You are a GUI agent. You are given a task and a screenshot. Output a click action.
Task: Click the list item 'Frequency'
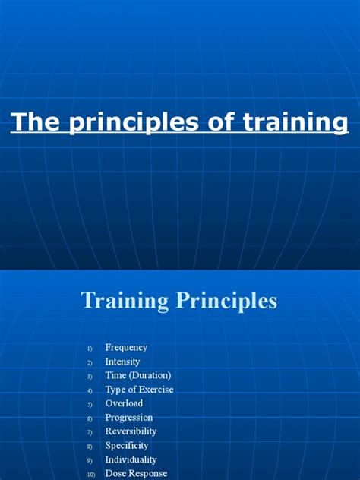coord(126,348)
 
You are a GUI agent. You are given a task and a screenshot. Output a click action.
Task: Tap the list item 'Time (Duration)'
coord(138,376)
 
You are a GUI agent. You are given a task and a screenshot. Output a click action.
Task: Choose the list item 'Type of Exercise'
coord(139,390)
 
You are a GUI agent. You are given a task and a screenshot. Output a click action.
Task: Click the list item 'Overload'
coord(124,404)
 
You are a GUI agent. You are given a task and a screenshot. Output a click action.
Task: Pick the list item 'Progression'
coord(129,418)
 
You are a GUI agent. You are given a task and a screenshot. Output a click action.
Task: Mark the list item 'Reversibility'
coord(131,432)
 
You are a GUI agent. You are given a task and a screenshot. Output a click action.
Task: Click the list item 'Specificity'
coord(127,446)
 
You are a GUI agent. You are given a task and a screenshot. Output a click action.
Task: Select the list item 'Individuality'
coord(131,460)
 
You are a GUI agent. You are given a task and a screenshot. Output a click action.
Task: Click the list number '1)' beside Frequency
coord(89,349)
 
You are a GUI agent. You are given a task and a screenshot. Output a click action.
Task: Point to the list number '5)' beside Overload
coord(89,405)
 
